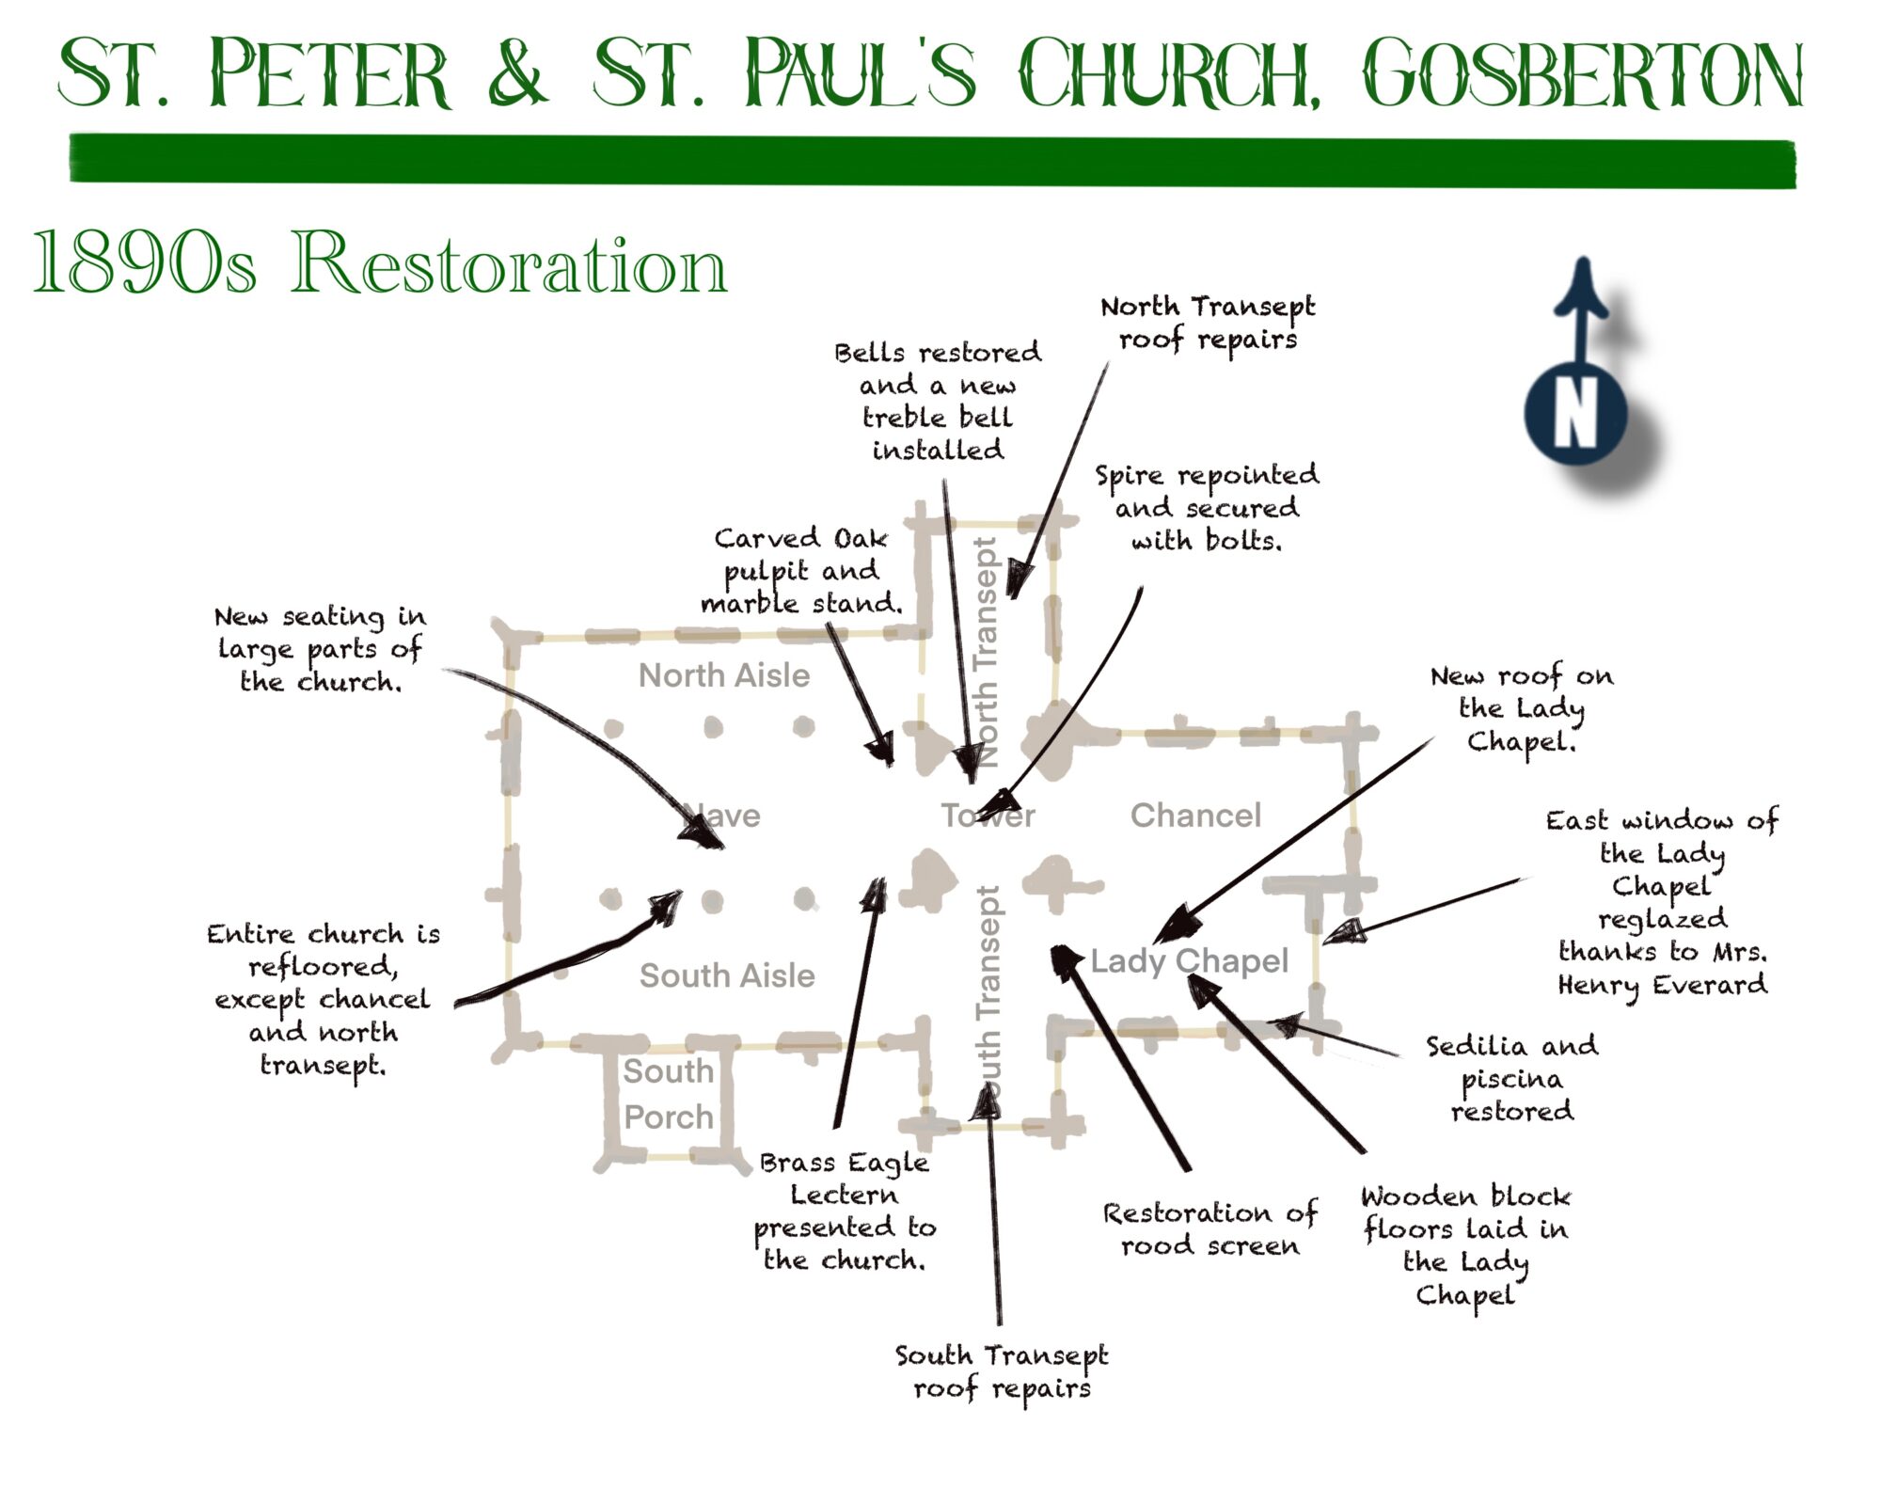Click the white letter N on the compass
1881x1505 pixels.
tap(1576, 414)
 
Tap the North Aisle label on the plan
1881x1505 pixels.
tap(723, 675)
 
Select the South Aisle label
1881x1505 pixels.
tap(727, 975)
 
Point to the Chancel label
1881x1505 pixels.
tap(1195, 816)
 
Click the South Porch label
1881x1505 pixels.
tap(668, 1094)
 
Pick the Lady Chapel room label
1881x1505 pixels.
tap(1189, 960)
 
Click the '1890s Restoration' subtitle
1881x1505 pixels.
tap(380, 264)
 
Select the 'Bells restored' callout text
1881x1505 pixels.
tap(938, 401)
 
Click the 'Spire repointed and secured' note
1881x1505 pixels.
tap(1207, 508)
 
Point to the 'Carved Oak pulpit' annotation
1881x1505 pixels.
tap(801, 570)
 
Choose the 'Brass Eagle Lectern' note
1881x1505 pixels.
tap(845, 1211)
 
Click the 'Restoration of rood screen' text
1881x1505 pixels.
tap(1209, 1228)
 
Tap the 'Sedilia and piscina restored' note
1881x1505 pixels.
tap(1511, 1078)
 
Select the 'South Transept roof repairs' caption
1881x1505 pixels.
tap(1002, 1371)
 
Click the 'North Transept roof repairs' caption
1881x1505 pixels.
tap(1208, 323)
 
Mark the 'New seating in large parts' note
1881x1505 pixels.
tap(320, 649)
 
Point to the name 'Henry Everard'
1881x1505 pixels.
tap(1663, 985)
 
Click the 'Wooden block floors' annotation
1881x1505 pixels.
tap(1465, 1245)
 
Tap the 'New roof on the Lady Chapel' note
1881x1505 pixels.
tap(1522, 708)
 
